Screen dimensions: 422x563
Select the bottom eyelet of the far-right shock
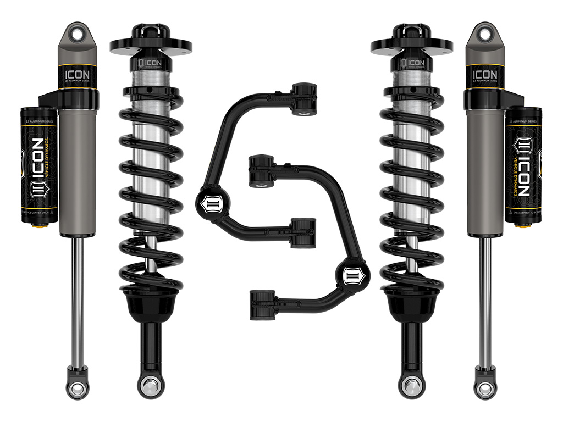click(485, 388)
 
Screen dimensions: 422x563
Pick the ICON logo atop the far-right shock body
click(485, 74)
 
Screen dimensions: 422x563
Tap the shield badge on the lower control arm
click(350, 273)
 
